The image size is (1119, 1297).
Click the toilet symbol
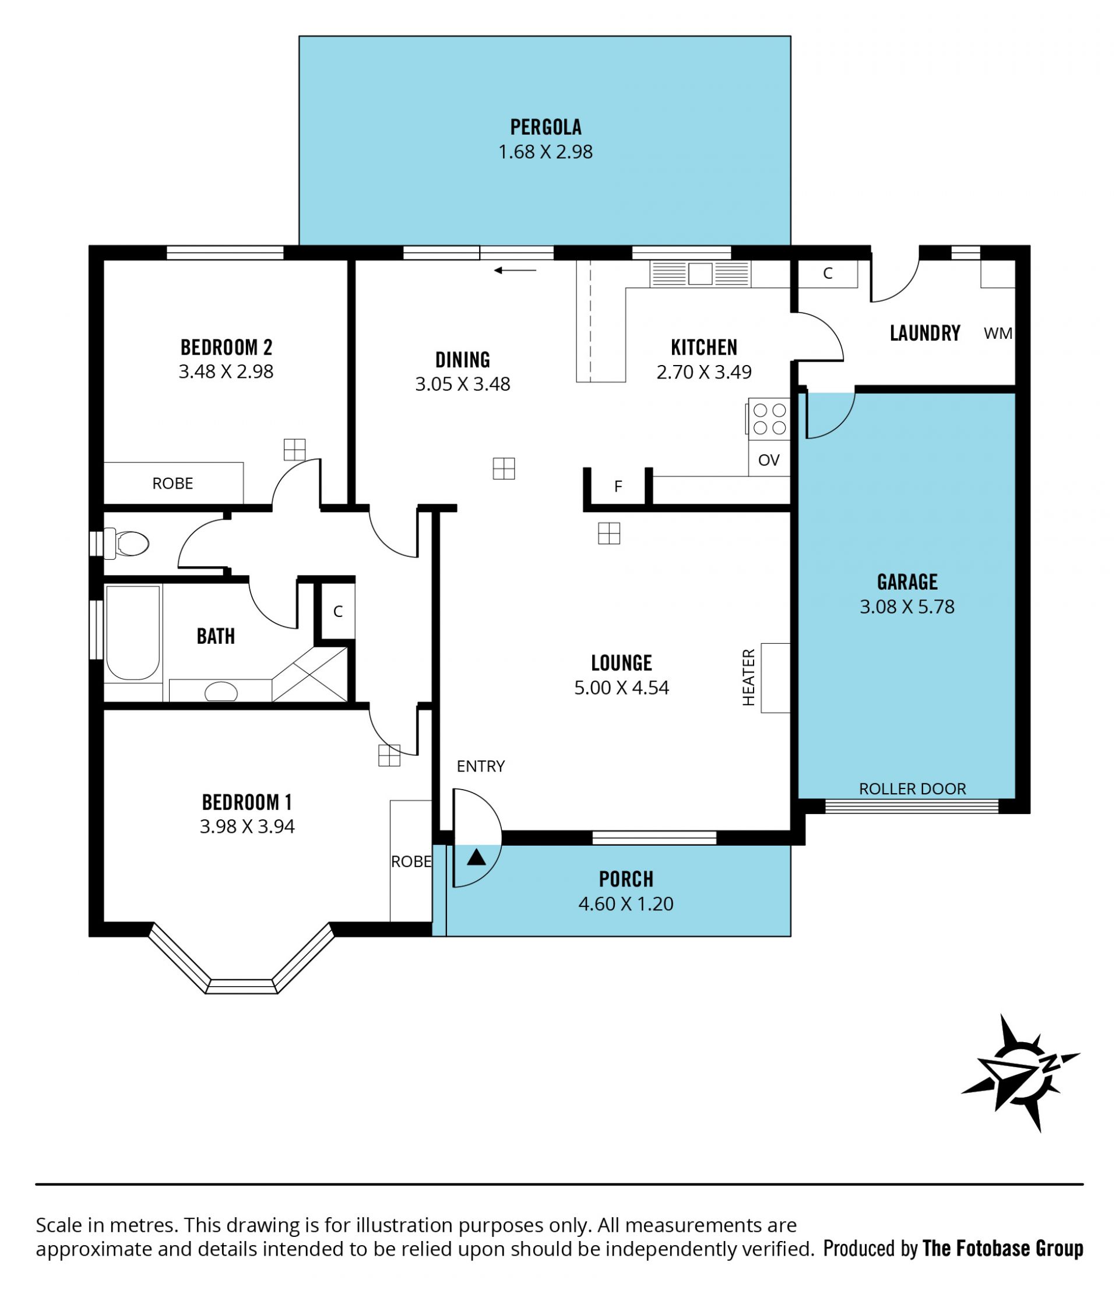click(x=126, y=544)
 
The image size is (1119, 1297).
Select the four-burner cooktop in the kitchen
click(x=769, y=419)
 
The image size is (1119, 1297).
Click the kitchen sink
click(x=700, y=274)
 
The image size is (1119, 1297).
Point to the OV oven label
click(x=769, y=460)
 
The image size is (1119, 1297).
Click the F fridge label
click(x=618, y=486)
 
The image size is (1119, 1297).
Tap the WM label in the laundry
click(x=998, y=334)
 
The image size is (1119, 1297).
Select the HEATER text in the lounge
click(x=749, y=677)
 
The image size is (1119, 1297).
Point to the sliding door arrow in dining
click(x=515, y=271)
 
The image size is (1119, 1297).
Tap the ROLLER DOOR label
click(x=913, y=788)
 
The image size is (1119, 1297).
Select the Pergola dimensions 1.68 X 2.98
click(x=546, y=152)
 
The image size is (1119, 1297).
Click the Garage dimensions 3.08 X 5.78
click(x=907, y=607)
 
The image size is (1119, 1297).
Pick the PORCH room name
click(x=626, y=879)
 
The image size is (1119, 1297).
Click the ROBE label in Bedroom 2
click(x=173, y=483)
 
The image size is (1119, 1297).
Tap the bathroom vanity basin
click(x=221, y=692)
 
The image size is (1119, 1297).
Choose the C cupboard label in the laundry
click(x=828, y=274)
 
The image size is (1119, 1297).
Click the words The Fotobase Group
click(x=1002, y=1249)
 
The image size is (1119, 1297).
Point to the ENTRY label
click(x=480, y=766)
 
